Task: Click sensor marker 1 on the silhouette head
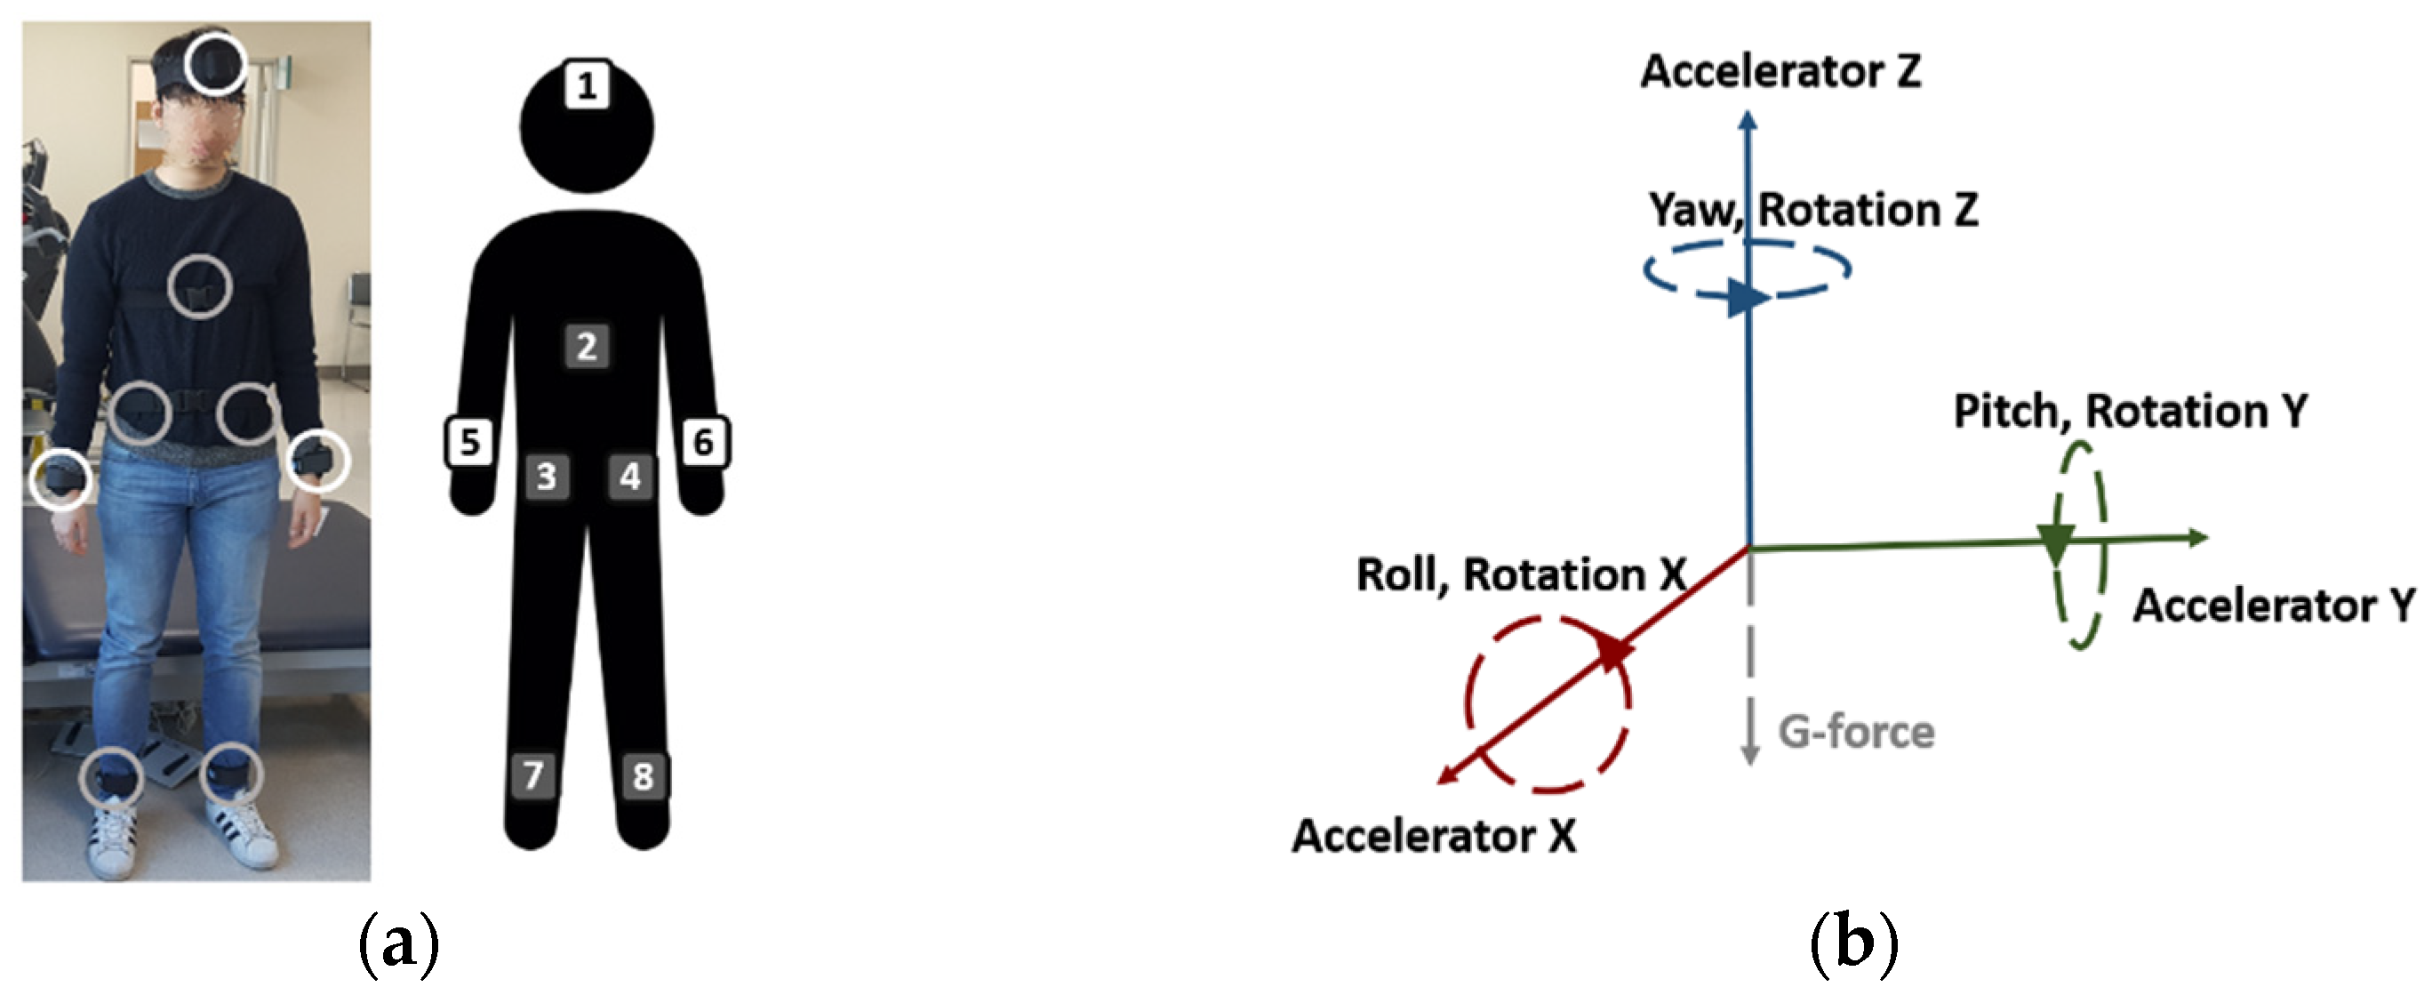[587, 86]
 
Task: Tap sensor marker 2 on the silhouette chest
[587, 347]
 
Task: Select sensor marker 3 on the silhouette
[547, 477]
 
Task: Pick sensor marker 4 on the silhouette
[629, 476]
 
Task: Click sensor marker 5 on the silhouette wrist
[470, 442]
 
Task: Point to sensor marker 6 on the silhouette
[704, 442]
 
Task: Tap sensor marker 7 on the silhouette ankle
[533, 775]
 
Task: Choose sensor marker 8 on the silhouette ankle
[643, 777]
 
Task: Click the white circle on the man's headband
[214, 64]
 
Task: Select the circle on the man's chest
[199, 286]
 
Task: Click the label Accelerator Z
[1780, 72]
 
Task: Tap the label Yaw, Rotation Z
[1812, 210]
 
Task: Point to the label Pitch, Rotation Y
[2130, 411]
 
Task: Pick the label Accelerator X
[1433, 836]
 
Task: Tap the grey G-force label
[1856, 732]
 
